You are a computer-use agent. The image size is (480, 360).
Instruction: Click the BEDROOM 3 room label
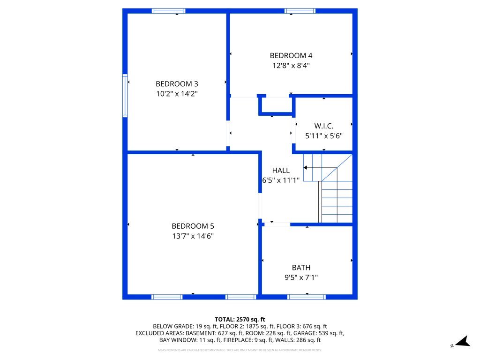pyautogui.click(x=177, y=84)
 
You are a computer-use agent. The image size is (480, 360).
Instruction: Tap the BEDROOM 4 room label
pyautogui.click(x=291, y=56)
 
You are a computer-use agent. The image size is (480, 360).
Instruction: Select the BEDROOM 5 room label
pyautogui.click(x=193, y=226)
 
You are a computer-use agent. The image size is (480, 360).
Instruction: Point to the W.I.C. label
pyautogui.click(x=324, y=126)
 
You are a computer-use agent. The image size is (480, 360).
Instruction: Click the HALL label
pyautogui.click(x=281, y=171)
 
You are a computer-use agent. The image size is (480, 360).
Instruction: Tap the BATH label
pyautogui.click(x=301, y=268)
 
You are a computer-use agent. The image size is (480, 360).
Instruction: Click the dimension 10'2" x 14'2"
pyautogui.click(x=177, y=94)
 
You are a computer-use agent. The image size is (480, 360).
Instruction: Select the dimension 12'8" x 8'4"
pyautogui.click(x=291, y=66)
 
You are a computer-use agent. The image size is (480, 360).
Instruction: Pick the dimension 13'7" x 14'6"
pyautogui.click(x=193, y=236)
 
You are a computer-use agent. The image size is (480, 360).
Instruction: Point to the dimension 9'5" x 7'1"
pyautogui.click(x=301, y=277)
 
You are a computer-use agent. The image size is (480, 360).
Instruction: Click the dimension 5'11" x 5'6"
pyautogui.click(x=324, y=136)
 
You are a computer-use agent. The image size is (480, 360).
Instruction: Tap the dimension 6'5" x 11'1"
pyautogui.click(x=281, y=180)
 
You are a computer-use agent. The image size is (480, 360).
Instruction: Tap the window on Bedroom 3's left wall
pyautogui.click(x=125, y=96)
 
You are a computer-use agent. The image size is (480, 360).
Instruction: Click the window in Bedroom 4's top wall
pyautogui.click(x=300, y=11)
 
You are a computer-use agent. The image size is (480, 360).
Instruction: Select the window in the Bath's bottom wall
pyautogui.click(x=307, y=297)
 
